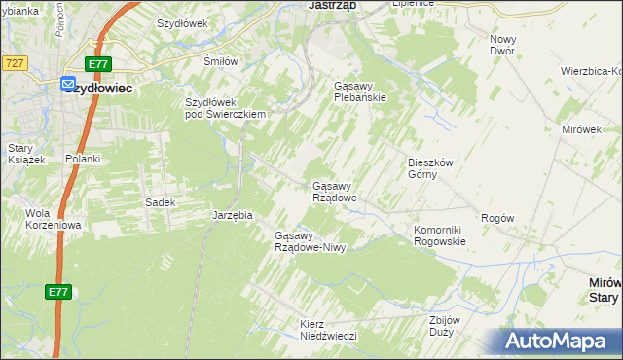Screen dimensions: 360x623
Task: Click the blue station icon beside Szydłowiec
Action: [68, 85]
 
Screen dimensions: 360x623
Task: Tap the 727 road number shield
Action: [14, 62]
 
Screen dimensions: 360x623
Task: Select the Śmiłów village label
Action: [220, 61]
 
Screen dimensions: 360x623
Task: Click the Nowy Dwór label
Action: [502, 44]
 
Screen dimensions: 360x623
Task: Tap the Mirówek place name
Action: [582, 128]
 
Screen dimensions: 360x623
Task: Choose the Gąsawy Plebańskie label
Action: [360, 91]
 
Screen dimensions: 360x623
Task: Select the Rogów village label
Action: [496, 219]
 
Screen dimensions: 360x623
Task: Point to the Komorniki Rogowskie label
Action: [440, 235]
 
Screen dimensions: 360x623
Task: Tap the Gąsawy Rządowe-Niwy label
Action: [310, 241]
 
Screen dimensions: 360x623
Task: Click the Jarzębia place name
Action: [233, 215]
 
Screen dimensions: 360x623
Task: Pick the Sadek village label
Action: [160, 202]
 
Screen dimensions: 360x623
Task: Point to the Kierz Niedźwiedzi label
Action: [329, 329]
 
